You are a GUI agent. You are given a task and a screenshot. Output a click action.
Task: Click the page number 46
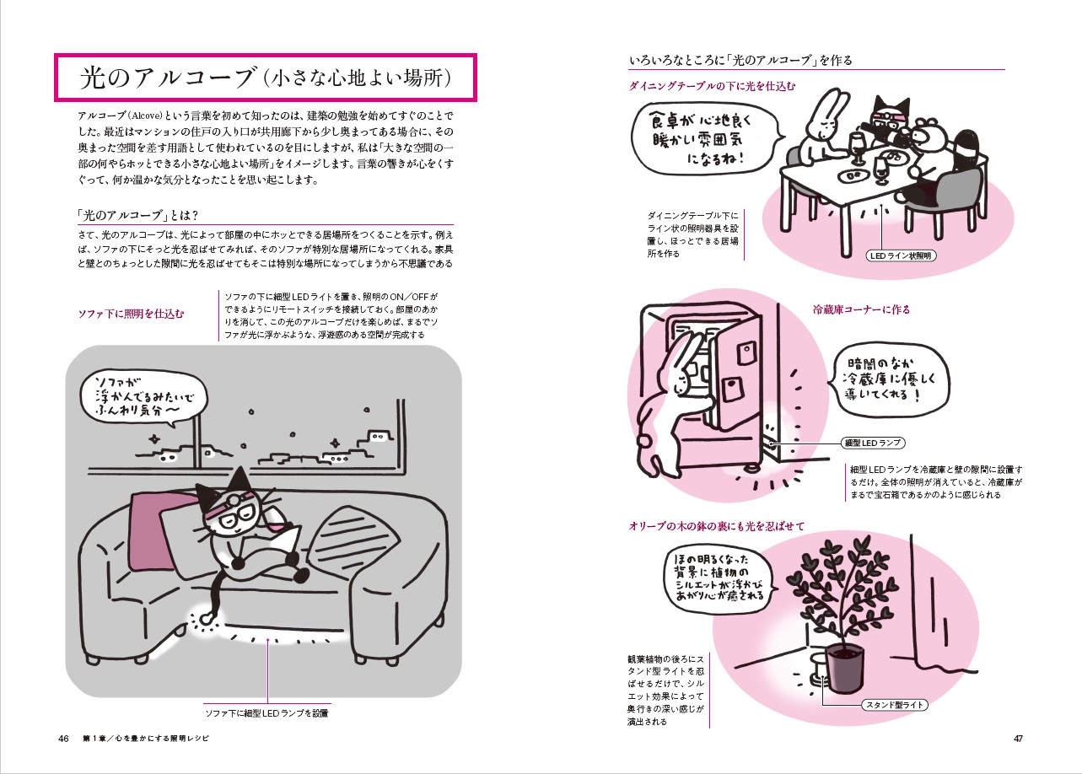coord(63,739)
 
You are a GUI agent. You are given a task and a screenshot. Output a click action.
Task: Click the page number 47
coord(1018,739)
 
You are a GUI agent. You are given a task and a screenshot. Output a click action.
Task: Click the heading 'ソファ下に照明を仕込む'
coord(131,314)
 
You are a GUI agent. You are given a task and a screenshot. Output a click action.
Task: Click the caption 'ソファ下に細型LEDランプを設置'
coord(266,713)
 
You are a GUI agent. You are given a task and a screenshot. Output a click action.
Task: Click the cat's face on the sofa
coord(229,513)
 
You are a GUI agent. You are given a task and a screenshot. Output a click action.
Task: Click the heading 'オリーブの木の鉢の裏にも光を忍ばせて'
coord(716,526)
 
